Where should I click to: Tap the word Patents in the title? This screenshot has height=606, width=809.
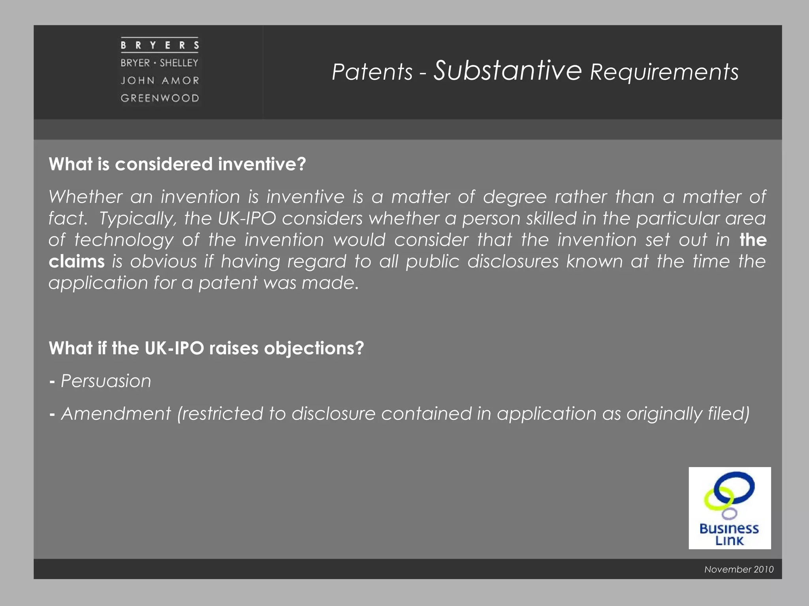[372, 72]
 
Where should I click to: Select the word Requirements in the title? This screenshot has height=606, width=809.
[664, 72]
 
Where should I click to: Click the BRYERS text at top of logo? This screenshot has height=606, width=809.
[160, 45]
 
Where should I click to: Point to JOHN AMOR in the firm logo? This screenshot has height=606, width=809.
[160, 80]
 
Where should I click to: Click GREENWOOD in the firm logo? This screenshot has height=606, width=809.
[160, 98]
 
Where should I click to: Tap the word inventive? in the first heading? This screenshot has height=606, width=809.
[262, 164]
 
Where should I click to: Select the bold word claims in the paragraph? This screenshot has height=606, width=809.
[77, 262]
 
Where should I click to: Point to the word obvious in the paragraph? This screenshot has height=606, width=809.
[163, 262]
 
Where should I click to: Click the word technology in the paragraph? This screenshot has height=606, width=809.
[124, 240]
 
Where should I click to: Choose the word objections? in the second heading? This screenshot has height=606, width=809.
[314, 348]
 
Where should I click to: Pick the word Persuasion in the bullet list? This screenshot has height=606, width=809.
[106, 381]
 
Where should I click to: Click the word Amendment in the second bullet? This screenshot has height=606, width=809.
[116, 414]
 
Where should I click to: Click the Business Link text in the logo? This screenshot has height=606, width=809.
[729, 534]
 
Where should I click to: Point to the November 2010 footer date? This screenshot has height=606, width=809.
[739, 569]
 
